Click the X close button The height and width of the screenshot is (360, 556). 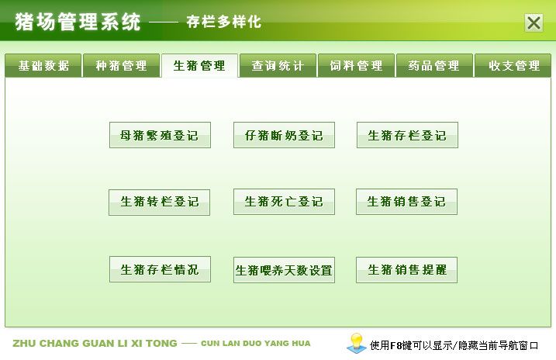[534, 23]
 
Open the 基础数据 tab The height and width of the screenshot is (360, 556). [43, 66]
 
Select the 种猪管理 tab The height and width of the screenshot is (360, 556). [121, 66]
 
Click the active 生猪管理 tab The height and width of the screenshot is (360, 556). [199, 66]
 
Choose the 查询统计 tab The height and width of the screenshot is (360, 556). [278, 66]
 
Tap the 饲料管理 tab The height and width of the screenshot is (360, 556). [356, 66]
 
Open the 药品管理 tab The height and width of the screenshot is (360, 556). [434, 66]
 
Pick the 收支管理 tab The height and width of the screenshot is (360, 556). [513, 66]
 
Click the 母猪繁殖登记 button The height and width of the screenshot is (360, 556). [160, 135]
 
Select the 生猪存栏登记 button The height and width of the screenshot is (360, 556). [407, 135]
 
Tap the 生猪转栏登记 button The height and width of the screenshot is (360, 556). [159, 202]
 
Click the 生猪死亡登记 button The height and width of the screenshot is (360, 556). [284, 202]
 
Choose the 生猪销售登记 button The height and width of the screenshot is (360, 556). [406, 202]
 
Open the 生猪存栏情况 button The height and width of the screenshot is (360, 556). [160, 269]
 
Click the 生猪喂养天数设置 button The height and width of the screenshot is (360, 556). [284, 270]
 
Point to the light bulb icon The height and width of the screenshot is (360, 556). [357, 343]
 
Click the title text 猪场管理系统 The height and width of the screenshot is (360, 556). [78, 22]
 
